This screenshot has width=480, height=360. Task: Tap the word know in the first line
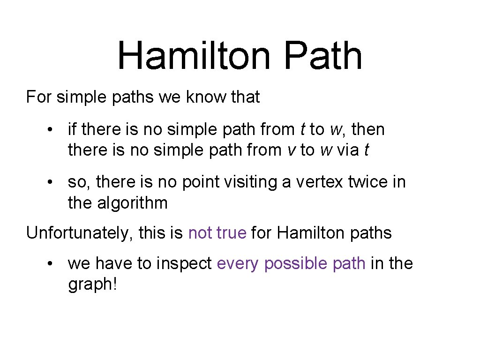[x=202, y=97]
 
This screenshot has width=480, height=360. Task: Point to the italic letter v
[x=291, y=150]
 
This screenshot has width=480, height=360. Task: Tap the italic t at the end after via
[x=367, y=150]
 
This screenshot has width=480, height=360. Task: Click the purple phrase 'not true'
[x=217, y=232]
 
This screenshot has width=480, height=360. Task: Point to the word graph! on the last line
[x=92, y=285]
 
